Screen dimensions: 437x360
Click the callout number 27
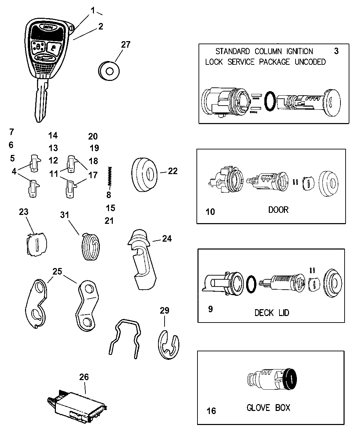(x=126, y=44)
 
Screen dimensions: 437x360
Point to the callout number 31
(x=64, y=215)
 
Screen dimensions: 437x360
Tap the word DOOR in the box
(x=278, y=209)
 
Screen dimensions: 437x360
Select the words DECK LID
(x=272, y=313)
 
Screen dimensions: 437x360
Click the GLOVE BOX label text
(x=268, y=408)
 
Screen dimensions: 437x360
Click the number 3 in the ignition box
(x=336, y=51)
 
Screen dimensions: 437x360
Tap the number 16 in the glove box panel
(x=212, y=411)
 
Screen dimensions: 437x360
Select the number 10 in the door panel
(x=211, y=211)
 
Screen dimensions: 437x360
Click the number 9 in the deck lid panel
(x=210, y=309)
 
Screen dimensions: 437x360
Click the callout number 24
(x=167, y=238)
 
